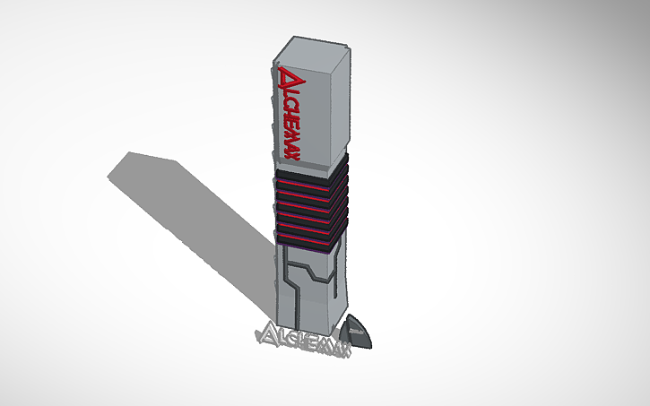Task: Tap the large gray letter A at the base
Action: click(x=267, y=335)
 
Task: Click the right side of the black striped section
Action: click(x=338, y=202)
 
